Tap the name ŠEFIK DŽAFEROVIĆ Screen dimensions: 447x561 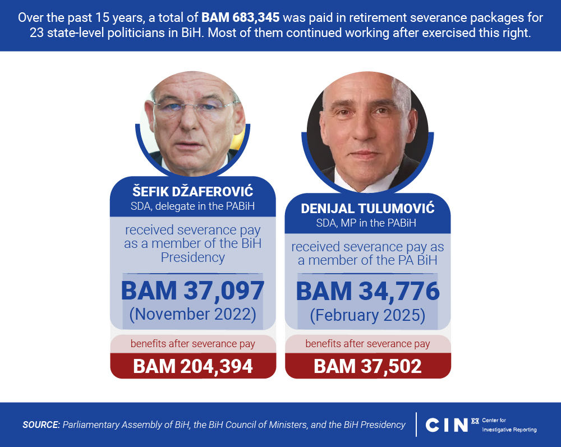tap(192, 192)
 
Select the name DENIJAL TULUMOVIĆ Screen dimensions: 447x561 tap(367, 209)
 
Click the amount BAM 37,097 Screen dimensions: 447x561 tap(192, 291)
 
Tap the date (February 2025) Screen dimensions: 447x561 tap(367, 315)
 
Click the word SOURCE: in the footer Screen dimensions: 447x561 tap(41, 425)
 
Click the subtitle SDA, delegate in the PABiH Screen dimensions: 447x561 tap(192, 206)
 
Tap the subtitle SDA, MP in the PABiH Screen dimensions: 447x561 tap(367, 223)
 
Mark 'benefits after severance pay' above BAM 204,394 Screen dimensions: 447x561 tap(192, 343)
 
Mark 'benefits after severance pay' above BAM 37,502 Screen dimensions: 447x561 tap(367, 343)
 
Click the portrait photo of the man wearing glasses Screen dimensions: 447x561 tap(192, 123)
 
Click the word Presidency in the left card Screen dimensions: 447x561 tap(192, 257)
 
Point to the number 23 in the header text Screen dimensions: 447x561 tap(37, 33)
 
